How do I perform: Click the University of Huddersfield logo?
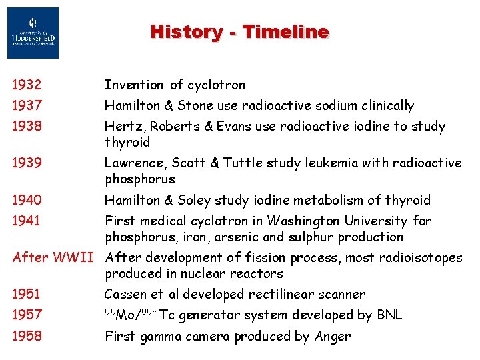tap(33, 33)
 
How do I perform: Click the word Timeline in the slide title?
tap(285, 32)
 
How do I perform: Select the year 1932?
tap(27, 85)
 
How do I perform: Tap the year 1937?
tap(27, 106)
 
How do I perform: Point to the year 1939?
tap(27, 163)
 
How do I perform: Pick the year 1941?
tap(27, 221)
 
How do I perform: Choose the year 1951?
tap(27, 294)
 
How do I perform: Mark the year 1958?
tap(27, 337)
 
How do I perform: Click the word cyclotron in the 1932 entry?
tap(216, 85)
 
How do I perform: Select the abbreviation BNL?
tap(389, 315)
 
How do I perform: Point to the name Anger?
tap(332, 337)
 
